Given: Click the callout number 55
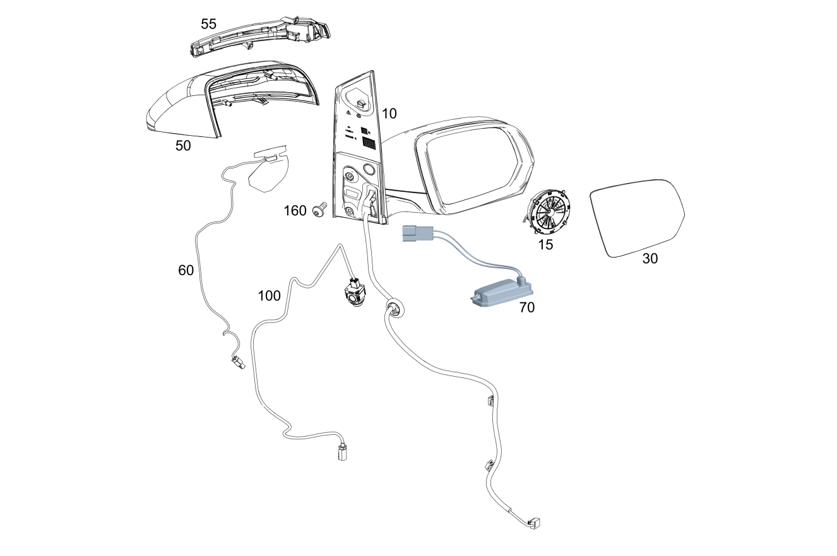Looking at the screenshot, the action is pos(208,24).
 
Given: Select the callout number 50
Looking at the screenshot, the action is pos(183,146).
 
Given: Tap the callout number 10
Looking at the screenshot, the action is pos(389,114).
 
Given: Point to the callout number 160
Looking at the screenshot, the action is pos(295,211).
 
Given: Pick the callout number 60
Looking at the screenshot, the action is pos(186,270).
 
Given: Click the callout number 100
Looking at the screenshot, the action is pos(269,296).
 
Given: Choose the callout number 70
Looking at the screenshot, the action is pos(527,307).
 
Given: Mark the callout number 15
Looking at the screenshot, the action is pos(545,245).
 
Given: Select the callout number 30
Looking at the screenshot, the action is pos(650,258).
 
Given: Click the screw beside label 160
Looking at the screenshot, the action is pos(319,210).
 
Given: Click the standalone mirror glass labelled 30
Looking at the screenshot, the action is pos(637,218).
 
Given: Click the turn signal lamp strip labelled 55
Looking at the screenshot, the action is pos(261,37).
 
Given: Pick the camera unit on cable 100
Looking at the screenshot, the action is pos(355,293).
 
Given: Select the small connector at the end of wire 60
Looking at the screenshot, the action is pos(237,362).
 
